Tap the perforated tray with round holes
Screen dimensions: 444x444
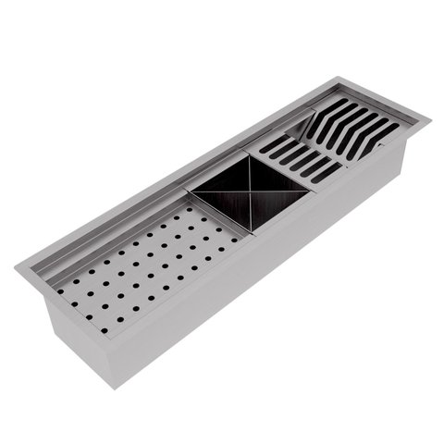[x=148, y=265]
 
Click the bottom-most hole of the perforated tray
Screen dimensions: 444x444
[x=104, y=329]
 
